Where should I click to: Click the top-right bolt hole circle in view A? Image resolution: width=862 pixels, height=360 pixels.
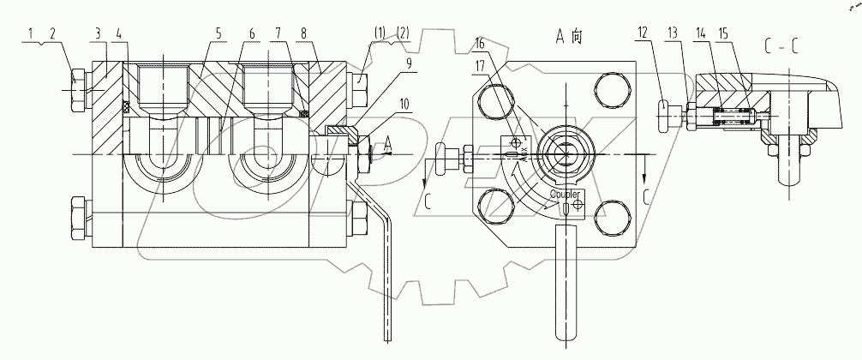tap(606, 89)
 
